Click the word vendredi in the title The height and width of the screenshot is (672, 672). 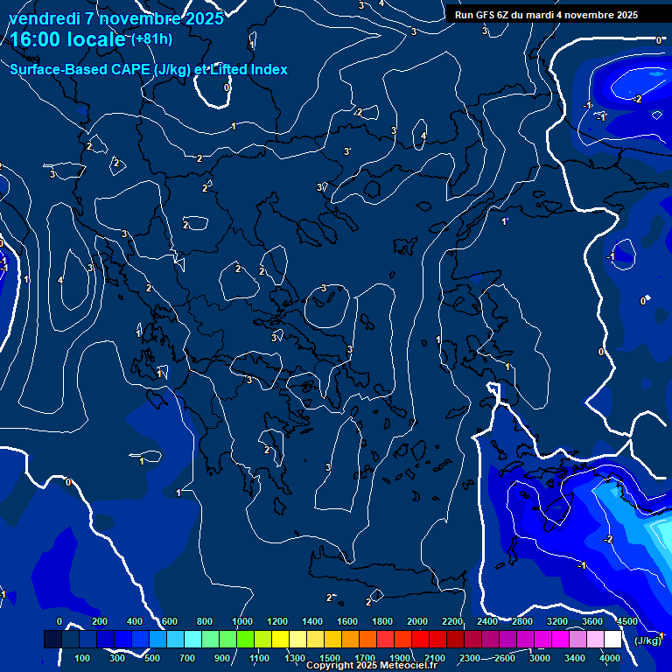click(x=43, y=17)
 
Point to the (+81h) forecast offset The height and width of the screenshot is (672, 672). click(x=152, y=39)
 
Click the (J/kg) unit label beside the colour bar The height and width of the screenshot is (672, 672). click(x=647, y=640)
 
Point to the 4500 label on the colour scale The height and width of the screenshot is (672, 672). click(x=626, y=621)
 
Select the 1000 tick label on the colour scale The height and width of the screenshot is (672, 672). click(x=242, y=621)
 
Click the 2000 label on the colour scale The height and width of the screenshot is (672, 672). click(x=417, y=621)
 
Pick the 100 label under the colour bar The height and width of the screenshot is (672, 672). click(x=83, y=657)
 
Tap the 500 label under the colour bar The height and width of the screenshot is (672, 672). click(x=153, y=657)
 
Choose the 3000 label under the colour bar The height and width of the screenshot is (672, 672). click(x=540, y=657)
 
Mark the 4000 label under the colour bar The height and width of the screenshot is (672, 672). click(x=610, y=657)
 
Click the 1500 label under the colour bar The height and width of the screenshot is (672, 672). click(x=330, y=657)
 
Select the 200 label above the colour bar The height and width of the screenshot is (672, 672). click(x=99, y=621)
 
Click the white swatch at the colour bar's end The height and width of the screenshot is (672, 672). click(x=612, y=640)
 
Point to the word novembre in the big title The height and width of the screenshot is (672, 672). click(x=129, y=17)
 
